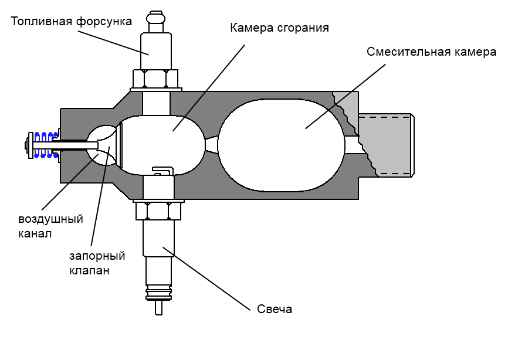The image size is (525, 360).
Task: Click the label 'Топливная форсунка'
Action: (x=72, y=22)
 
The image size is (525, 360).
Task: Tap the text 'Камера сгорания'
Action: (x=280, y=28)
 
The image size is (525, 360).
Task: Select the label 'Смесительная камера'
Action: (x=432, y=52)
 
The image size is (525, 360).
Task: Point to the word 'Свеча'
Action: (x=275, y=309)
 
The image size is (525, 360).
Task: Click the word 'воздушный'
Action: (x=50, y=219)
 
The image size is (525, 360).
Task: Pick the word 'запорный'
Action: (x=97, y=256)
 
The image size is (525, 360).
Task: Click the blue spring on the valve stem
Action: (x=46, y=145)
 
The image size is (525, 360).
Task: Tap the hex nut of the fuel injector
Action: (x=155, y=79)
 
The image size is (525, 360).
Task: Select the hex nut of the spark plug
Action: (x=158, y=211)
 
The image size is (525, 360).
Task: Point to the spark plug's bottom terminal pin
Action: (x=159, y=307)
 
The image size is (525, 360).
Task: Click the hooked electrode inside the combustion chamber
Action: (x=163, y=171)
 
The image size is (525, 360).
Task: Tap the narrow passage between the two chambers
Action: (x=211, y=145)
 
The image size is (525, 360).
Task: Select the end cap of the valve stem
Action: (x=29, y=145)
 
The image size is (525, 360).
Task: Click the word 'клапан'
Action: (x=89, y=270)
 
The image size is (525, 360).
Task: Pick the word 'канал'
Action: (x=35, y=233)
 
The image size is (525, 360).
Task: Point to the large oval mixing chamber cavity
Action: (x=281, y=145)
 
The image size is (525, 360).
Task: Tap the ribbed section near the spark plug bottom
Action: (x=159, y=293)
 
